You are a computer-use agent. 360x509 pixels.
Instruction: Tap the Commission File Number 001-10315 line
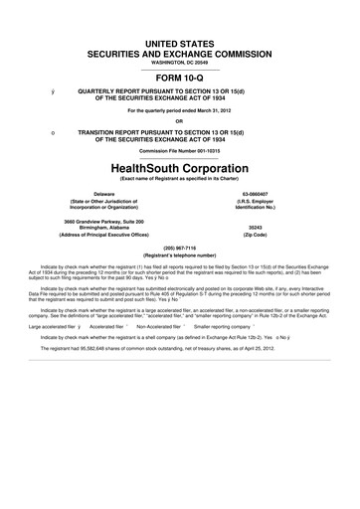click(179, 150)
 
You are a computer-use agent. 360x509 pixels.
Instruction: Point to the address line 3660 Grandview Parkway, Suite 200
click(103, 218)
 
